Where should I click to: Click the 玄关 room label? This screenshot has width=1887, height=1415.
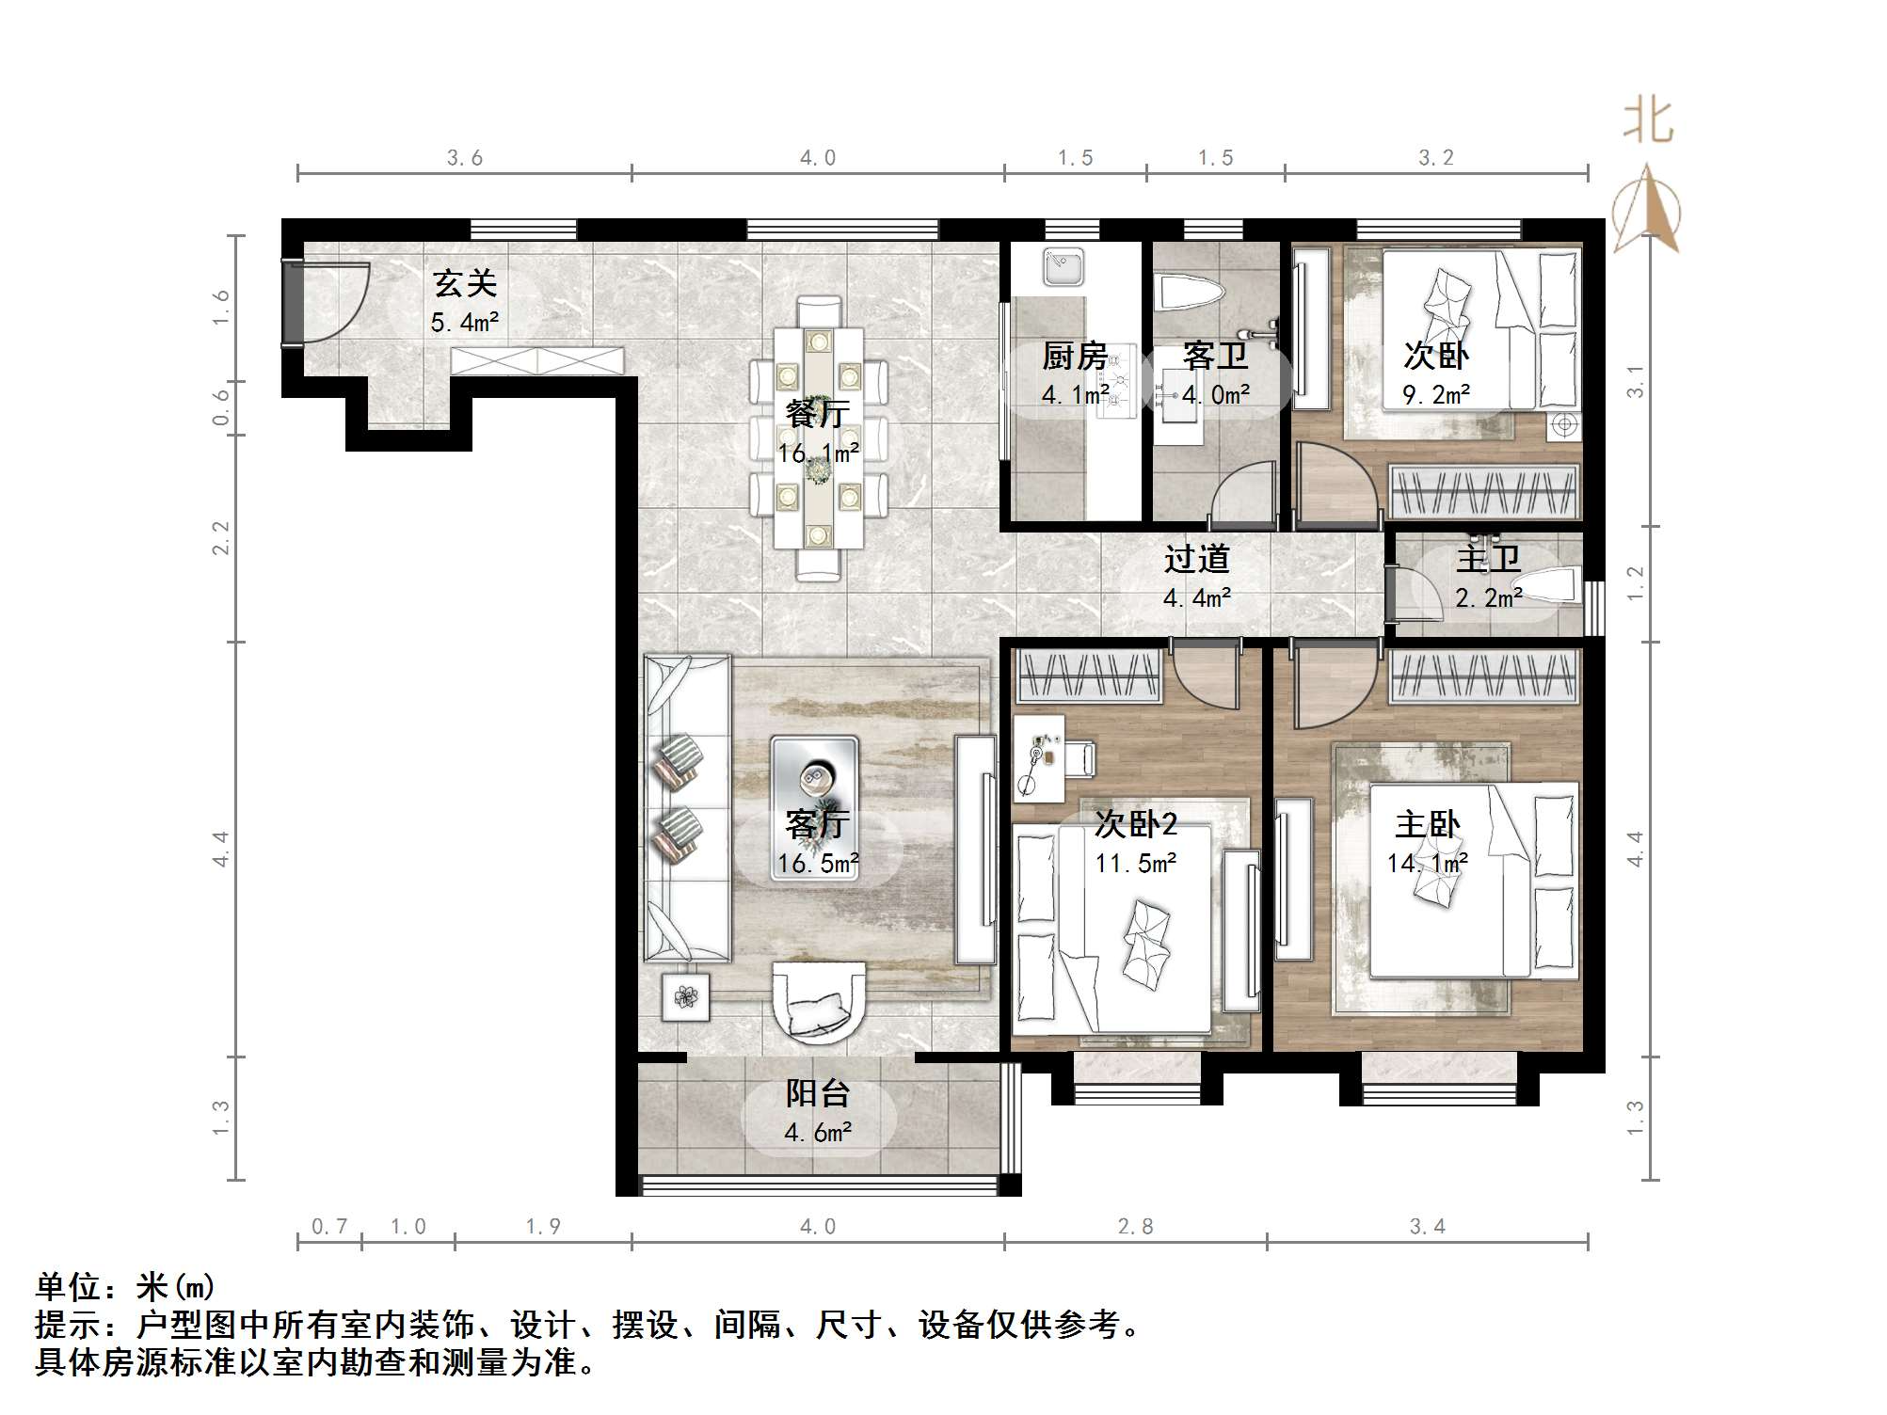click(464, 284)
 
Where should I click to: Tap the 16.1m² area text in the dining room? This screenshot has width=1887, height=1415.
click(818, 454)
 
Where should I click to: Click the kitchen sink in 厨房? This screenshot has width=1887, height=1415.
click(1064, 266)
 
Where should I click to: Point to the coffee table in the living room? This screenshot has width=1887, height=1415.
click(814, 808)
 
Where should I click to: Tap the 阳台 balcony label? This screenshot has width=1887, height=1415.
click(818, 1094)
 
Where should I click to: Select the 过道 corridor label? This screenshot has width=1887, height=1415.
click(1196, 560)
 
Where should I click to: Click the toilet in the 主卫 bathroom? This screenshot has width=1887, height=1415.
click(1551, 586)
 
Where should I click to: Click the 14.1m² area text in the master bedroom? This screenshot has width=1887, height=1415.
click(1427, 864)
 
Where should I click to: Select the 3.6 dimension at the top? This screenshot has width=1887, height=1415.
click(464, 158)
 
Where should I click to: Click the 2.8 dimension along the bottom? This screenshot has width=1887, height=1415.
click(1135, 1227)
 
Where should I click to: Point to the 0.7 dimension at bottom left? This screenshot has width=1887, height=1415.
click(329, 1227)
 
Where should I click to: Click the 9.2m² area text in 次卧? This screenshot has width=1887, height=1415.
click(1436, 395)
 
